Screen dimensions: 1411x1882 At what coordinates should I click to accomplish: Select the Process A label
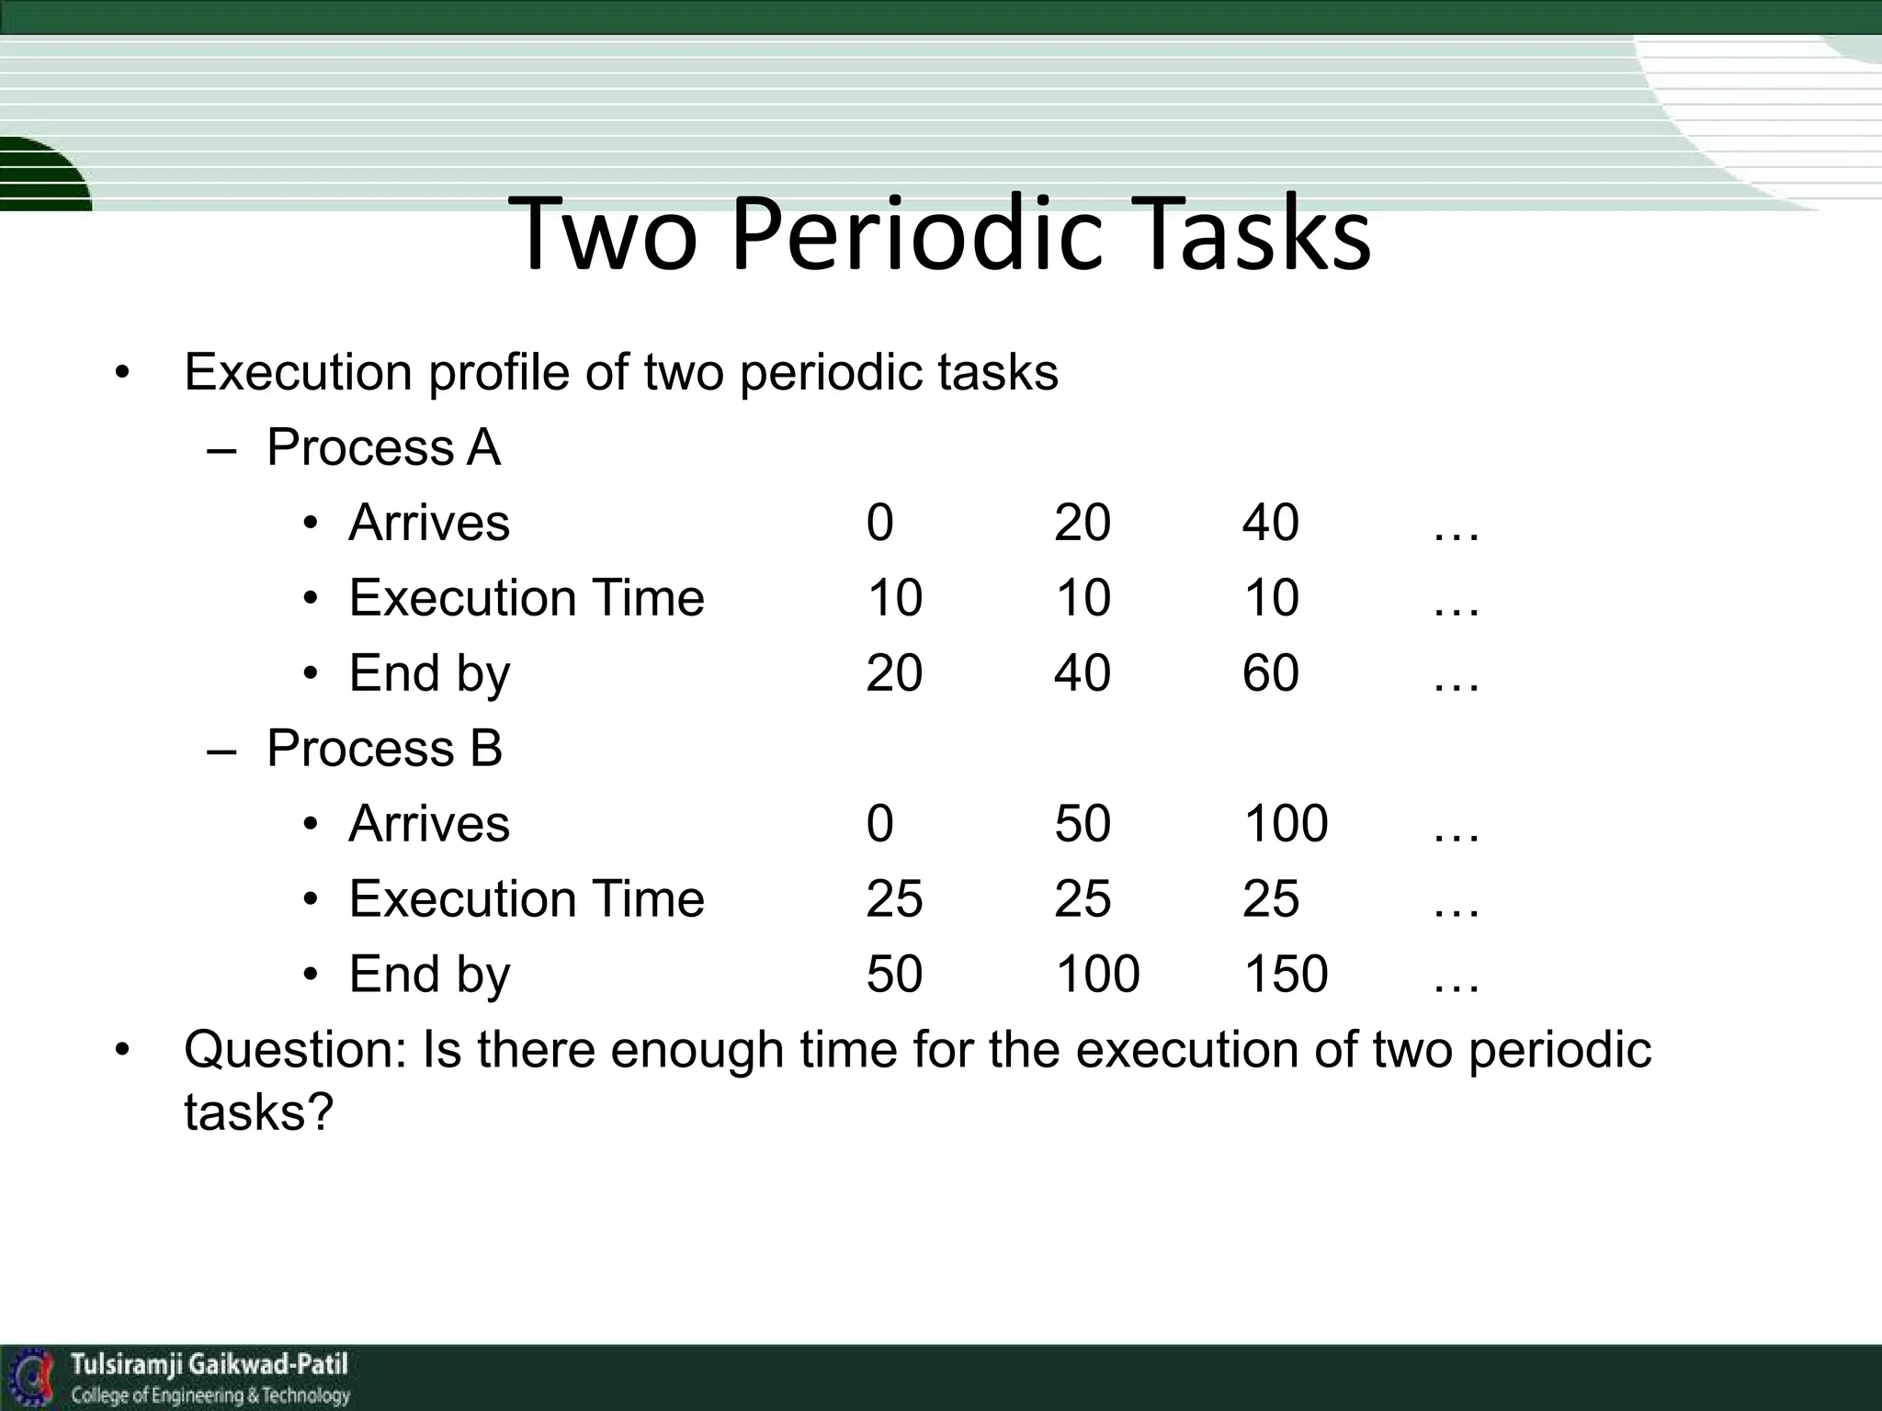click(x=383, y=447)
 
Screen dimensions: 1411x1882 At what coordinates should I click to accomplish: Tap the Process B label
click(x=384, y=748)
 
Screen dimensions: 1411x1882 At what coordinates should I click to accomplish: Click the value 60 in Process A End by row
click(x=1270, y=672)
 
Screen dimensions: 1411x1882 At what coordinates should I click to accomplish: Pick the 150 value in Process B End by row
click(x=1285, y=974)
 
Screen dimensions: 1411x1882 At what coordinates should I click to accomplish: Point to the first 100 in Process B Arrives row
click(x=1285, y=823)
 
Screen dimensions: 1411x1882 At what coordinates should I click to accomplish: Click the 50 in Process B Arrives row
click(x=1082, y=823)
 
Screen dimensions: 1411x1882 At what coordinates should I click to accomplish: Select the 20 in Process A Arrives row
click(x=1082, y=523)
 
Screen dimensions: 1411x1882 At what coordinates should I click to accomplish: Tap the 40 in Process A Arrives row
click(x=1270, y=523)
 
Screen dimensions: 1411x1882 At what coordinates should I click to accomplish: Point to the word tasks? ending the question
click(x=257, y=1112)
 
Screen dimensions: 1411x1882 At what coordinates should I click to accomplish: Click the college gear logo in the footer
click(x=31, y=1376)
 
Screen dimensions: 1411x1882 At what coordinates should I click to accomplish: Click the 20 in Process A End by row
click(x=893, y=672)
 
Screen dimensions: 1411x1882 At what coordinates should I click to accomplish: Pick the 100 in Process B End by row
click(x=1096, y=974)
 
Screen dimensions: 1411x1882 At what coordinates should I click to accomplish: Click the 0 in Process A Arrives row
click(x=879, y=523)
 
